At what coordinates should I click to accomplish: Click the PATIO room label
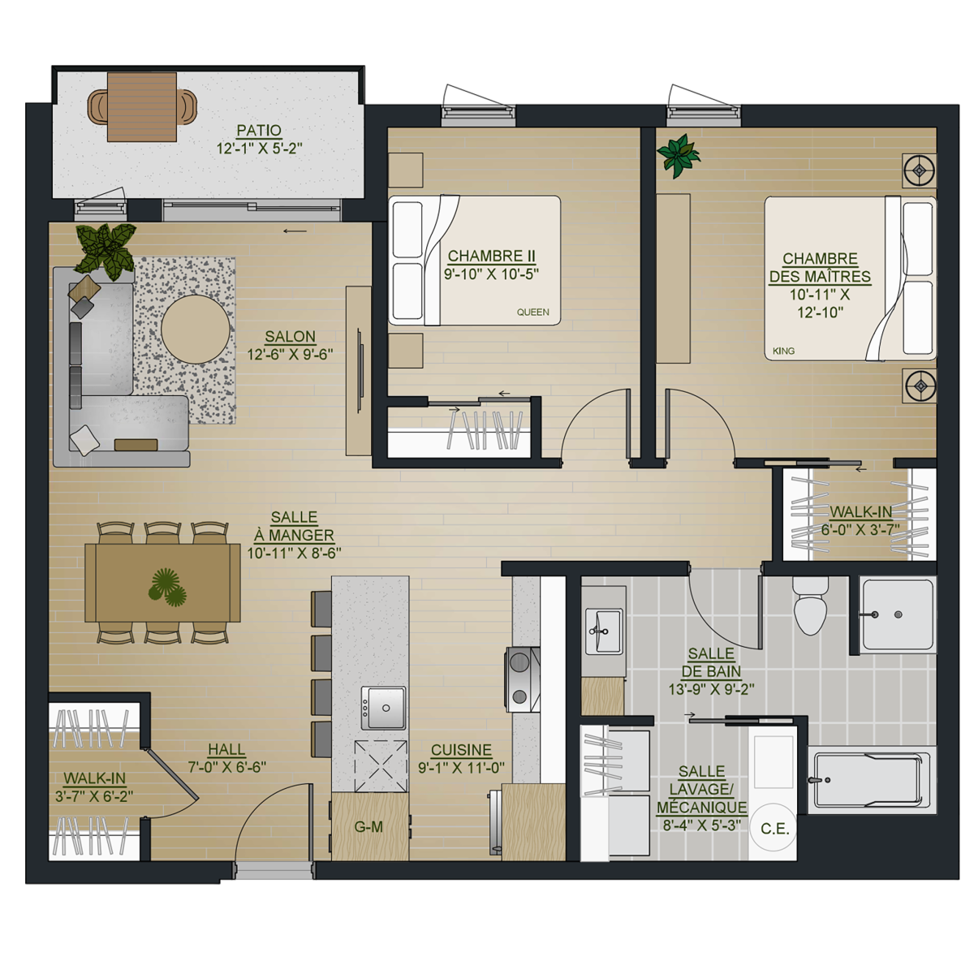coord(259,131)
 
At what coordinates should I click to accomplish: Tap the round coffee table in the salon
coord(196,329)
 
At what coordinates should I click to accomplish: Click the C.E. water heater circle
coord(774,829)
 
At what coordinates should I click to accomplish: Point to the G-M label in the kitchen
coord(368,827)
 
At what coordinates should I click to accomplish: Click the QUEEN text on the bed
coord(532,312)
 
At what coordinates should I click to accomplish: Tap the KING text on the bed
coord(783,351)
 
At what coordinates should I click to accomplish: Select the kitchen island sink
coord(383,708)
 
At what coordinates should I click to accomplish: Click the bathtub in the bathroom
coord(869,781)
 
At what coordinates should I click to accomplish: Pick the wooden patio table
coord(142,106)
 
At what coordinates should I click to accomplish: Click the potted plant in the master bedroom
coord(678,155)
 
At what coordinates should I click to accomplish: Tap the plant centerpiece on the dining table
coord(167,588)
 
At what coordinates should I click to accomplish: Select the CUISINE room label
coord(461,750)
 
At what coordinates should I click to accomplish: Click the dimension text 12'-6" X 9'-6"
coord(290,355)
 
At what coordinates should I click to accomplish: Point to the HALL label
coord(226,749)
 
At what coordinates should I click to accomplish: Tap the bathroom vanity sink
coord(603,631)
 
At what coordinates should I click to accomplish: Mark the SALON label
coord(290,337)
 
